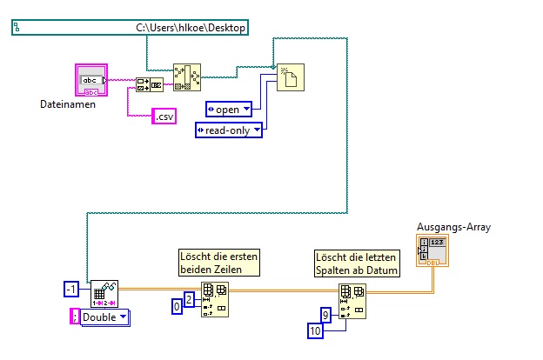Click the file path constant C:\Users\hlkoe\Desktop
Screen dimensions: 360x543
point(131,28)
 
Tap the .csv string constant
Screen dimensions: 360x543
point(164,116)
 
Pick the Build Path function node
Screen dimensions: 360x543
point(184,77)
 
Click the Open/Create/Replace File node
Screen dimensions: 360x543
point(289,77)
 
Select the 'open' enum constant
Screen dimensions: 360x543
point(228,110)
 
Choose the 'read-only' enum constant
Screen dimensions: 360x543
point(227,130)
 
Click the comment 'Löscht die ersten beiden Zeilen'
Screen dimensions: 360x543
point(208,263)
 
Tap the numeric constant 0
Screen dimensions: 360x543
point(177,306)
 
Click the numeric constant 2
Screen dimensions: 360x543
point(189,300)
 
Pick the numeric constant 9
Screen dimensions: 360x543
point(325,314)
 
